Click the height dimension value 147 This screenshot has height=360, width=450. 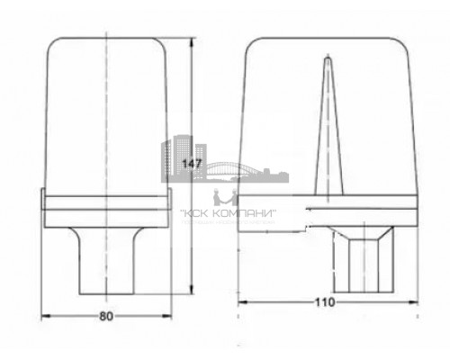191,165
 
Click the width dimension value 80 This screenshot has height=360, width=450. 107,316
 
